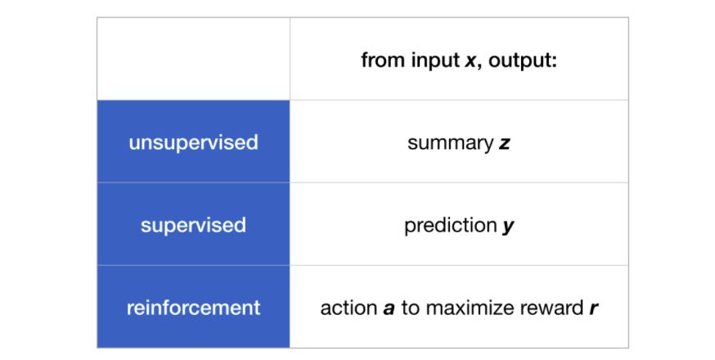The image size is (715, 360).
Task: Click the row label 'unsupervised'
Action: (193, 142)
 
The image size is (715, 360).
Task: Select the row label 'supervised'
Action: (193, 225)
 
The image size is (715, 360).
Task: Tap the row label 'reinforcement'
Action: (193, 308)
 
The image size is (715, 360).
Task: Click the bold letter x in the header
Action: (470, 61)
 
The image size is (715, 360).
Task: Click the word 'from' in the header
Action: (380, 61)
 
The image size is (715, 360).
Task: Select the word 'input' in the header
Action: (431, 61)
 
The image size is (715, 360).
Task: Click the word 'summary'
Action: (450, 143)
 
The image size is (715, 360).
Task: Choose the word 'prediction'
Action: (451, 226)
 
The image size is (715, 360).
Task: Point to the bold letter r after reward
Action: (592, 309)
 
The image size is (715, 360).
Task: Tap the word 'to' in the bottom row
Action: (411, 308)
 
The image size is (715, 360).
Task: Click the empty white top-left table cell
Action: (193, 59)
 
